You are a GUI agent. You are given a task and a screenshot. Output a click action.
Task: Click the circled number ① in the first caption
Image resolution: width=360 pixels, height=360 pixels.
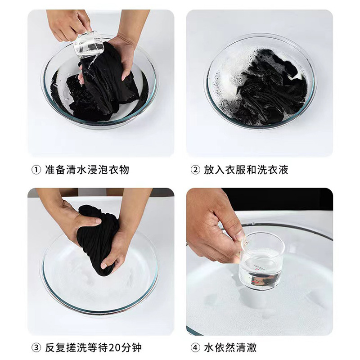tap(36, 170)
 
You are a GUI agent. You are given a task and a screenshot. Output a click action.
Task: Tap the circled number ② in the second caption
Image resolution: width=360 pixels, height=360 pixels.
tap(195, 170)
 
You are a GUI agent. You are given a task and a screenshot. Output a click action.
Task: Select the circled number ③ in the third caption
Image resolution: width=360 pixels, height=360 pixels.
tap(36, 348)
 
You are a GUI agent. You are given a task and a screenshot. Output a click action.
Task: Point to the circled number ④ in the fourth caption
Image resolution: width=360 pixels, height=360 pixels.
tap(195, 348)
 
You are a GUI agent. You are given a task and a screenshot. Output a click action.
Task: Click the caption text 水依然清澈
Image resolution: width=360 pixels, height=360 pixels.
tap(230, 348)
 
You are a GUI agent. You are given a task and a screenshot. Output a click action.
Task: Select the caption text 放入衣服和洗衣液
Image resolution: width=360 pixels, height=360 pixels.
tap(246, 170)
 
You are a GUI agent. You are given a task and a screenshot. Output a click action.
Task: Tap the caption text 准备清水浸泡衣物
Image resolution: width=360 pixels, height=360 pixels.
tap(87, 170)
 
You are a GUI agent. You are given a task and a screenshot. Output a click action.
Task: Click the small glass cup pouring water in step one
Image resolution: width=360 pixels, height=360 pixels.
tap(88, 45)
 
